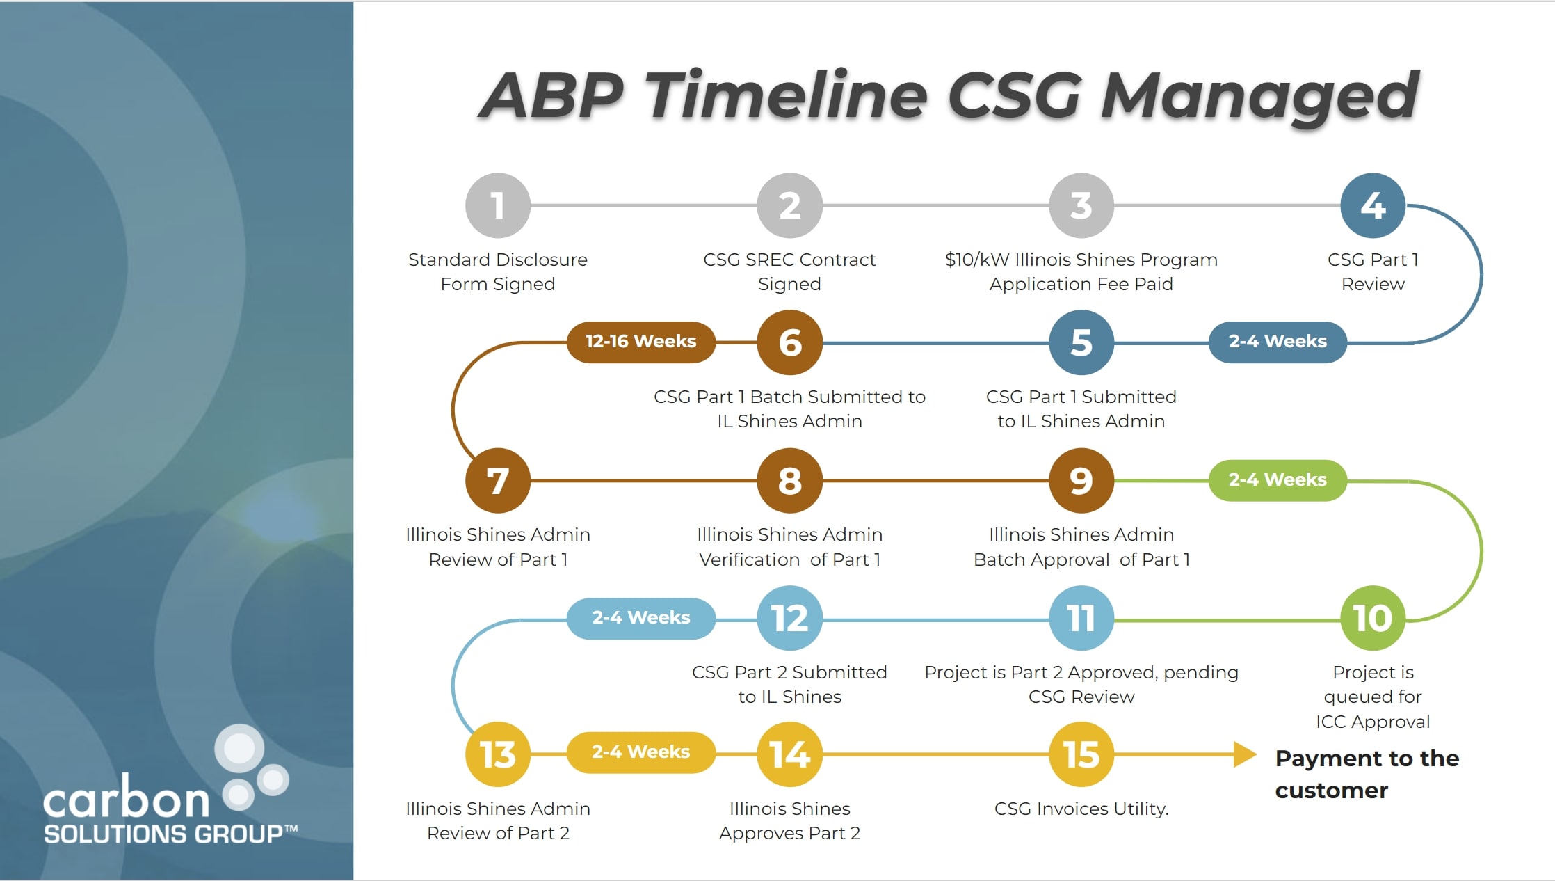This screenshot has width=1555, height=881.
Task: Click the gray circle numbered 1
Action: tap(497, 205)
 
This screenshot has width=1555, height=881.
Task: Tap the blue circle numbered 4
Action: tap(1372, 205)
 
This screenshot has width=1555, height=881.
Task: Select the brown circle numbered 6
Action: tap(789, 342)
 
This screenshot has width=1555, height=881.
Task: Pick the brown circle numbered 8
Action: tap(789, 480)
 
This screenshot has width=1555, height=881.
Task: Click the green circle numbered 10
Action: tap(1372, 617)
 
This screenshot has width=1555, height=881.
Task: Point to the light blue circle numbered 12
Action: tap(789, 617)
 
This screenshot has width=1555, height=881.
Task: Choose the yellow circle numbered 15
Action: tap(1081, 754)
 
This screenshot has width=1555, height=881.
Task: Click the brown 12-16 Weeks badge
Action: tap(640, 342)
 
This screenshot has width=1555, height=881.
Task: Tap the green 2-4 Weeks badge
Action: tap(1277, 479)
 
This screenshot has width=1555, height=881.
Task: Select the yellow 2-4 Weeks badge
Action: tap(640, 752)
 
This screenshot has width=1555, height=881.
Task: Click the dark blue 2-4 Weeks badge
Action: tap(1277, 342)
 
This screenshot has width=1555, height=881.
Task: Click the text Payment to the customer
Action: tap(1366, 774)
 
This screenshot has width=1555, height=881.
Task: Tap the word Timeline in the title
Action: tap(786, 95)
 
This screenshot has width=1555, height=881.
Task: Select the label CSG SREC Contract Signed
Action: tap(789, 271)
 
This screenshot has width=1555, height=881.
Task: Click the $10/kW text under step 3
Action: tap(976, 260)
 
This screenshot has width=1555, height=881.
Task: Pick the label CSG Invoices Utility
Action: tap(1081, 809)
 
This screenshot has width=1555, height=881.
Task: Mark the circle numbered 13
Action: tap(497, 754)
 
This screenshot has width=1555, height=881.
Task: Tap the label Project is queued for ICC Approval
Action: tap(1372, 697)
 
